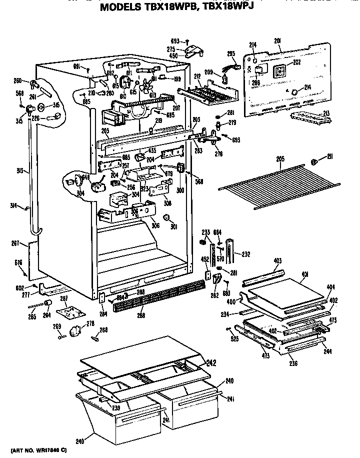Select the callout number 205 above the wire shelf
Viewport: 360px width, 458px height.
point(280,159)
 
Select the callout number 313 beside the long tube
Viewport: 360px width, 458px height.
point(19,170)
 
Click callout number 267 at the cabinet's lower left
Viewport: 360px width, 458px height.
point(15,243)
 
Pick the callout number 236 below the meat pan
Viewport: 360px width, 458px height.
point(293,363)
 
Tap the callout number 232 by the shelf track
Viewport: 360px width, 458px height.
point(245,254)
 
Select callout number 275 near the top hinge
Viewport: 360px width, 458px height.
point(170,49)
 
